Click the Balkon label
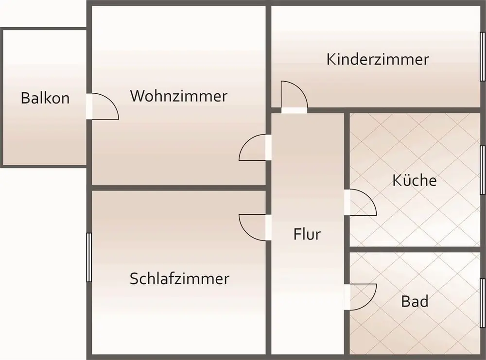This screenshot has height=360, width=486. [45, 98]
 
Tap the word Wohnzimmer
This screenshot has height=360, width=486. [179, 96]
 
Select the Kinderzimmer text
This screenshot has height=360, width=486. [378, 59]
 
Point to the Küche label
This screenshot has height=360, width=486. [415, 180]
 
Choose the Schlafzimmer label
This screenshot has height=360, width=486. [179, 278]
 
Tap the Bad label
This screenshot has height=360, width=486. [415, 301]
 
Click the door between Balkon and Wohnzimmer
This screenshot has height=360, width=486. [103, 106]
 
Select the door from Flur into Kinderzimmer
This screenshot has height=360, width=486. [294, 97]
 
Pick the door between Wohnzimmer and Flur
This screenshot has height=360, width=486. [255, 148]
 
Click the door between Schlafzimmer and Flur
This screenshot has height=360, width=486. [255, 227]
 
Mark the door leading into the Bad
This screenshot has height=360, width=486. [361, 297]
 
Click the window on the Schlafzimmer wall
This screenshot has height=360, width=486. [89, 257]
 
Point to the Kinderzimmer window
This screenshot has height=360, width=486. [483, 56]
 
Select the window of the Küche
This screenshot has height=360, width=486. [483, 170]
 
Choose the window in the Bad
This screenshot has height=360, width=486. [483, 303]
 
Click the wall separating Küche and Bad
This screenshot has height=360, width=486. [415, 249]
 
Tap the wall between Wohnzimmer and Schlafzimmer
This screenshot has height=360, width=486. [179, 188]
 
